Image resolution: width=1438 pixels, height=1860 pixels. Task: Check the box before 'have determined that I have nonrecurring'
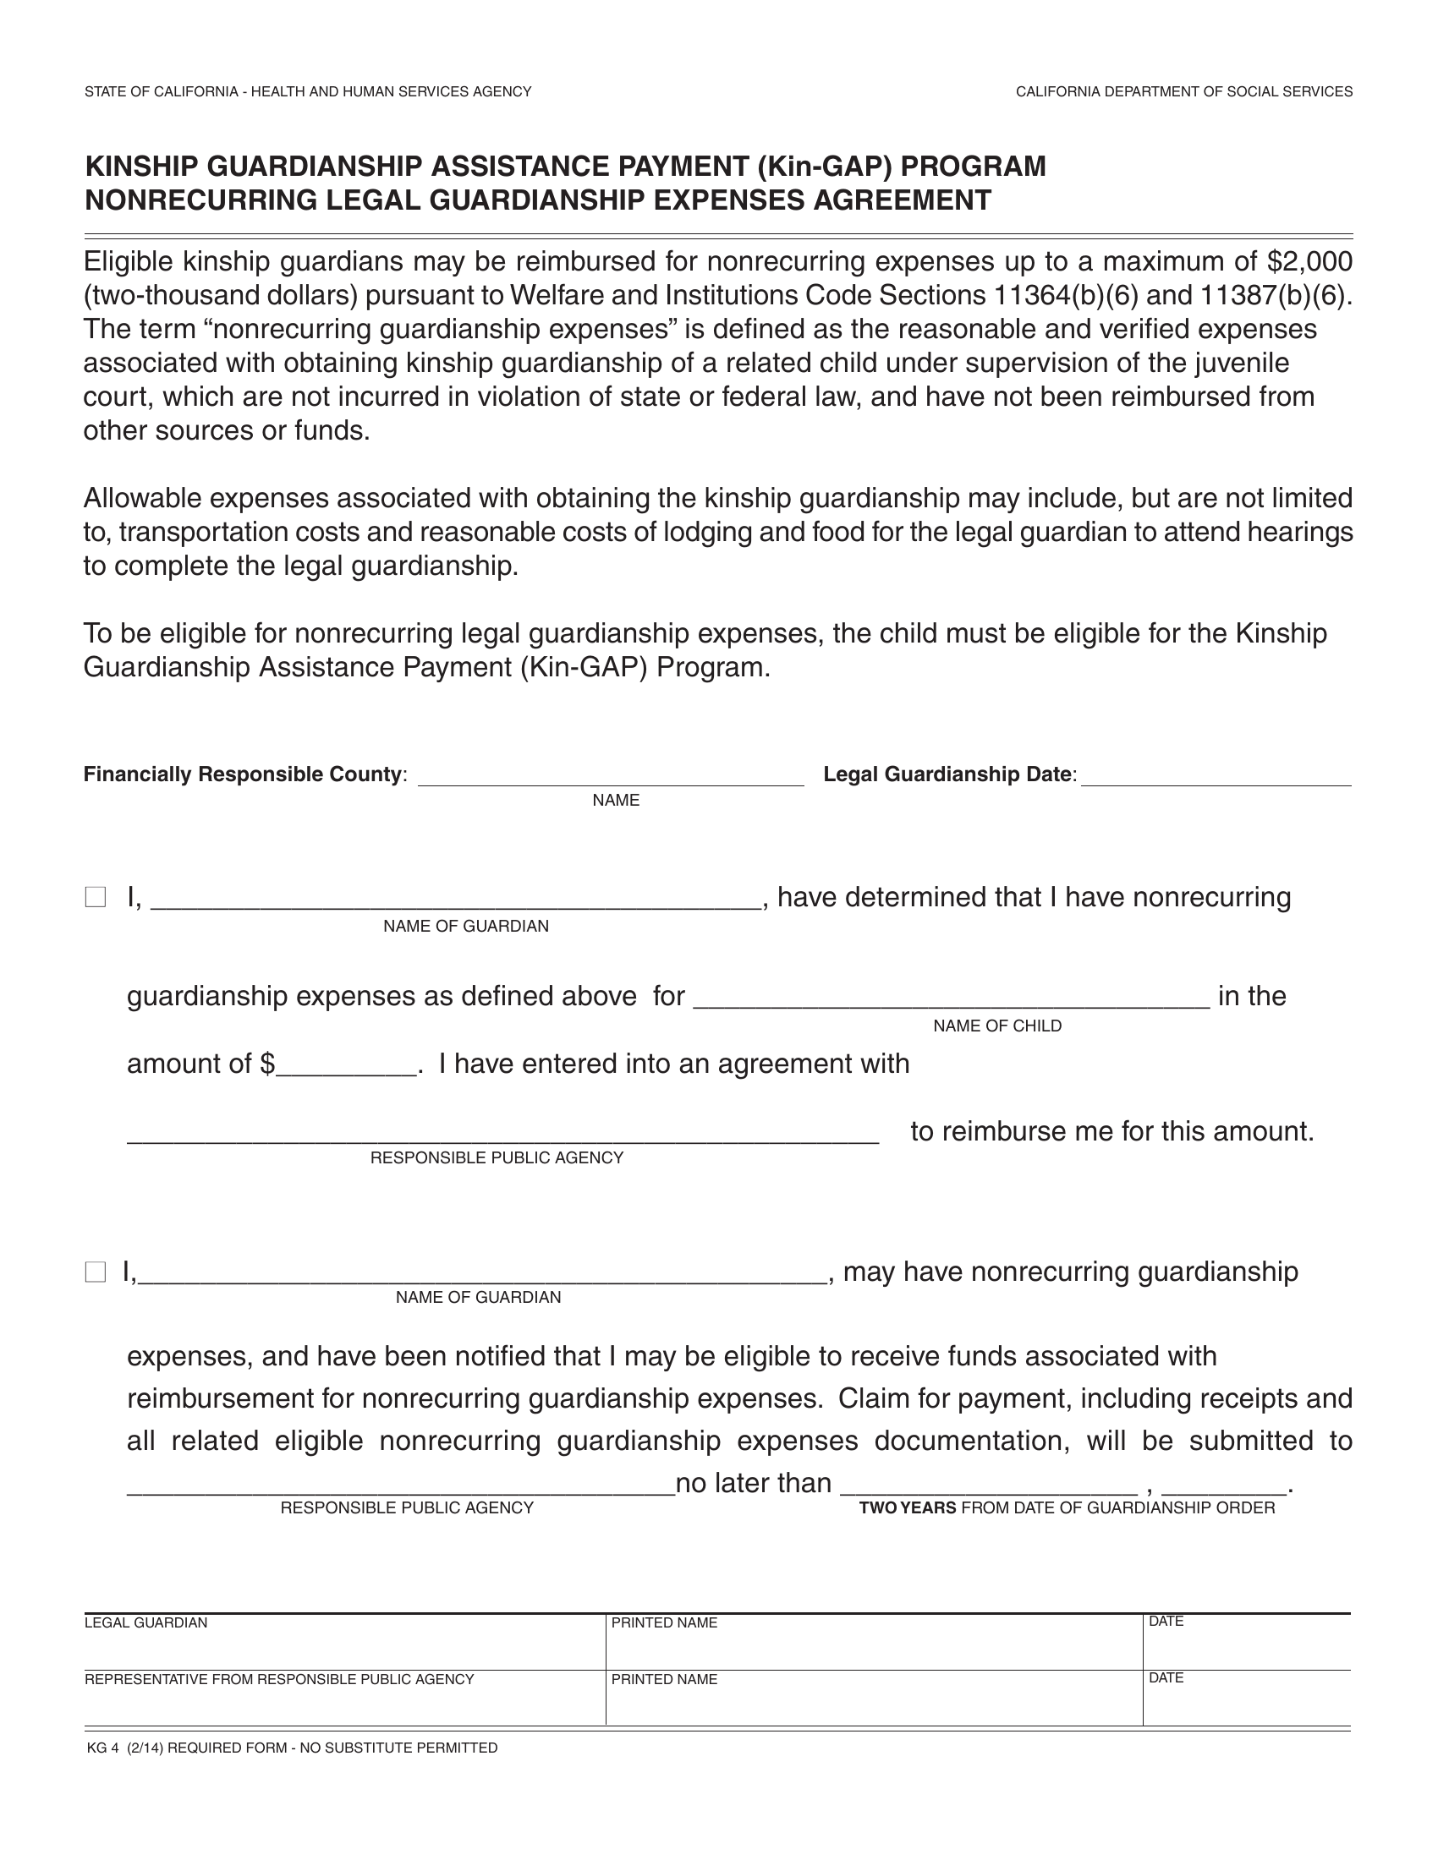(96, 897)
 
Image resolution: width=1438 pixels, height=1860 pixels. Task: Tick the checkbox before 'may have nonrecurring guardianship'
(96, 1273)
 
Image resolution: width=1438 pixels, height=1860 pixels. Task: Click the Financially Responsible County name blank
(610, 775)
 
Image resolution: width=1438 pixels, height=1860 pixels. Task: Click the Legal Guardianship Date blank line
(1216, 775)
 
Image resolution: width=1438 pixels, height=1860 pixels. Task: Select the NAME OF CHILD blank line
(951, 998)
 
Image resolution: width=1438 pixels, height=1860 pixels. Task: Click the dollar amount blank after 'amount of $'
(347, 1065)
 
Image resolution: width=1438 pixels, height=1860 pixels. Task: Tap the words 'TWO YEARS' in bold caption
(907, 1508)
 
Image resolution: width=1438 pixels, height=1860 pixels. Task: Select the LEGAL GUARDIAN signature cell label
(145, 1623)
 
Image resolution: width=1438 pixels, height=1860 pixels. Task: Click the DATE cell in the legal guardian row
(1245, 1640)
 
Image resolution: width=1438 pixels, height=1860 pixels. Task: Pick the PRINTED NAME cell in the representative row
(873, 1699)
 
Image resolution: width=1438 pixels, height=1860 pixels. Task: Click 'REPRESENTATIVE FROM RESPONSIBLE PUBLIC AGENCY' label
(278, 1679)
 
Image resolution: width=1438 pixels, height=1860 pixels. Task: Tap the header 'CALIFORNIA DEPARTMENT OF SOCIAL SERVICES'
(1183, 92)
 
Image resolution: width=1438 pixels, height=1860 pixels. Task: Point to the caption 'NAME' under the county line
(615, 801)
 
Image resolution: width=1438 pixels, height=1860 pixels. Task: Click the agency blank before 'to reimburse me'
(502, 1133)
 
